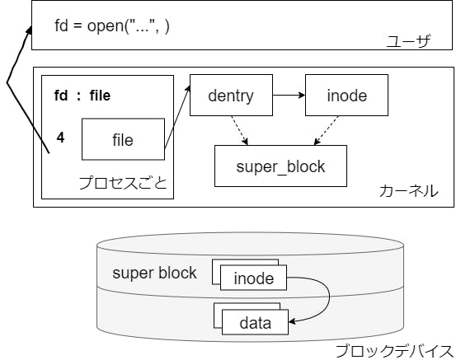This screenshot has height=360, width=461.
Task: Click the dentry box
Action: tap(231, 95)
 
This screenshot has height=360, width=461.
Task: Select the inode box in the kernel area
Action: tap(346, 95)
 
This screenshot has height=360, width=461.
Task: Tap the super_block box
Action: tap(280, 166)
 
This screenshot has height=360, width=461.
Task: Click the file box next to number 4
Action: tap(123, 139)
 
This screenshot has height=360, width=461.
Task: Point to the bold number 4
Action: tap(60, 138)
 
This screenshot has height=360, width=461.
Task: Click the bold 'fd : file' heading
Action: tap(82, 96)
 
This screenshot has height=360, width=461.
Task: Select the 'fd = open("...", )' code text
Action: tap(112, 26)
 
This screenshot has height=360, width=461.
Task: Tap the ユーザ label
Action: tap(408, 40)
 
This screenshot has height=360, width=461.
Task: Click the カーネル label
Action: tap(409, 191)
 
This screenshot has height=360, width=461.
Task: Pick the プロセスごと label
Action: tap(123, 183)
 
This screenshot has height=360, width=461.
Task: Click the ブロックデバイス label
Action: tap(394, 351)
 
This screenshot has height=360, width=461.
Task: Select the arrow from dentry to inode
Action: tap(289, 95)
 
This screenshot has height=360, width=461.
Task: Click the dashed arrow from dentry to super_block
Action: tap(240, 130)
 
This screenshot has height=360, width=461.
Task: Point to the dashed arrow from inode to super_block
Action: tap(326, 130)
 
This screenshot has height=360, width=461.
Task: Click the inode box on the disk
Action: tap(253, 278)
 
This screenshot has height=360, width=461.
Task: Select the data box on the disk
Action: tap(255, 322)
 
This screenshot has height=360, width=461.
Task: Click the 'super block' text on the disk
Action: tap(154, 273)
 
